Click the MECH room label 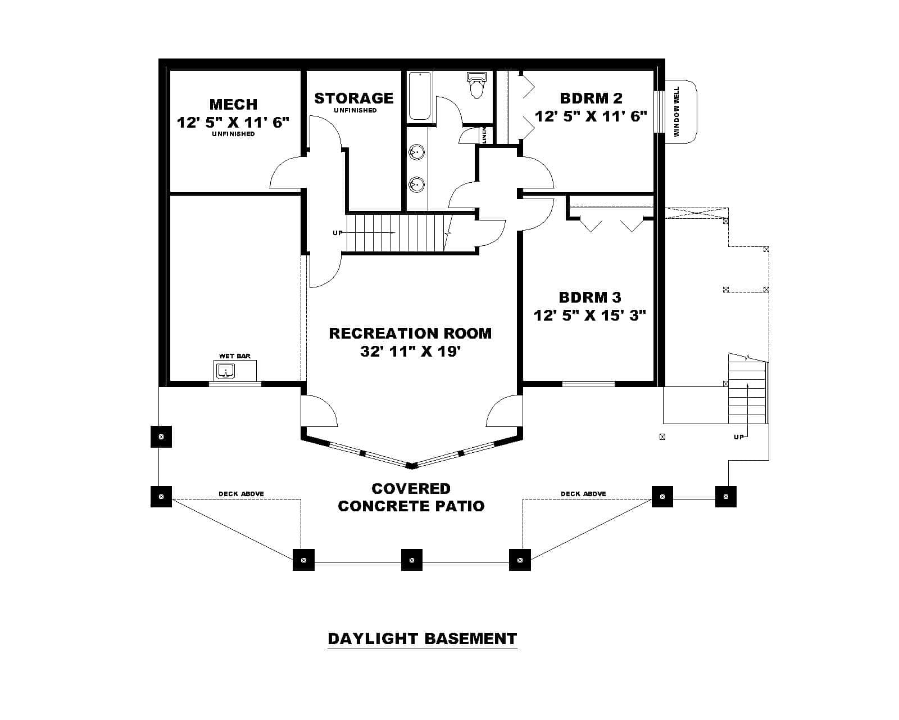(233, 104)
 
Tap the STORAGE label (353, 98)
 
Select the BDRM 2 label (591, 98)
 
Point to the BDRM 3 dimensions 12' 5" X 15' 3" (590, 315)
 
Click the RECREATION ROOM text (410, 333)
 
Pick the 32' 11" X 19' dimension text (410, 352)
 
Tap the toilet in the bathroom (476, 85)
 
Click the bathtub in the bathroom (419, 96)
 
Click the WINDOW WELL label (677, 111)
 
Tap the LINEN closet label (484, 135)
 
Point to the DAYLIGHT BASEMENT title (422, 638)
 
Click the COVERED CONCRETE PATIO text (411, 497)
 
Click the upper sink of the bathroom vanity (416, 152)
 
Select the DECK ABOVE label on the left (241, 494)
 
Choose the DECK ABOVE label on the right (583, 494)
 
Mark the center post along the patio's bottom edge (412, 560)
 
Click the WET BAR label (234, 356)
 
